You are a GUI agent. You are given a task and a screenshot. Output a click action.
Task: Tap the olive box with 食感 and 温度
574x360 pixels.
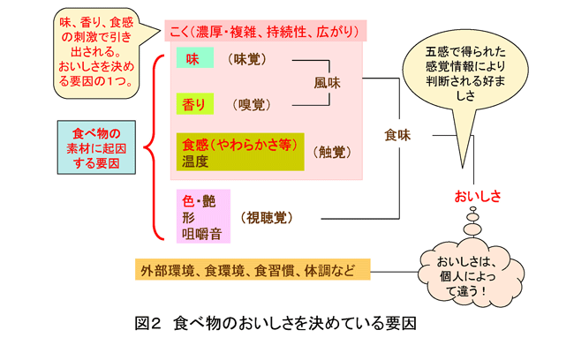click(x=239, y=152)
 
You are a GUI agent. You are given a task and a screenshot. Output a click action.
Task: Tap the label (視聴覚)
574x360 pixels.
click(x=267, y=215)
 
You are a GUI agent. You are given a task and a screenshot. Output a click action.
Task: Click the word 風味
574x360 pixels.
click(x=326, y=83)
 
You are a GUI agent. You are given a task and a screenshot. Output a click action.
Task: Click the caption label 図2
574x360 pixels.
click(x=148, y=324)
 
